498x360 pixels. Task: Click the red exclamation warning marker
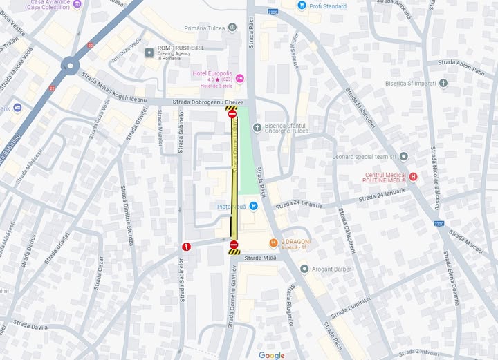[185, 247]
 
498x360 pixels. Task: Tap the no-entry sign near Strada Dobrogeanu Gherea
[232, 114]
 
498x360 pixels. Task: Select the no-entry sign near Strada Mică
[234, 245]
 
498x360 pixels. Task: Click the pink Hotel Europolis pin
[240, 79]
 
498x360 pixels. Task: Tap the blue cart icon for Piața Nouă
[254, 206]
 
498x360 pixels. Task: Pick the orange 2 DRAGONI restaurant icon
[273, 242]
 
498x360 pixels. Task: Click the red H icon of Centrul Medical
[414, 177]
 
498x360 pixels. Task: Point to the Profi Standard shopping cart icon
[302, 6]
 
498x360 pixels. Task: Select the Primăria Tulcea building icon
[232, 28]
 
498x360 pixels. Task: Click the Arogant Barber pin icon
[304, 268]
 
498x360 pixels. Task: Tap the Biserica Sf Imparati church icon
[443, 84]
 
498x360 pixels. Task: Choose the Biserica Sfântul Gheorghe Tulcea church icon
[257, 127]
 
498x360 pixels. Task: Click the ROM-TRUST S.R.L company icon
[149, 52]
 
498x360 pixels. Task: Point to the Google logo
[271, 355]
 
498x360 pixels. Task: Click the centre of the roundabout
[69, 66]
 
